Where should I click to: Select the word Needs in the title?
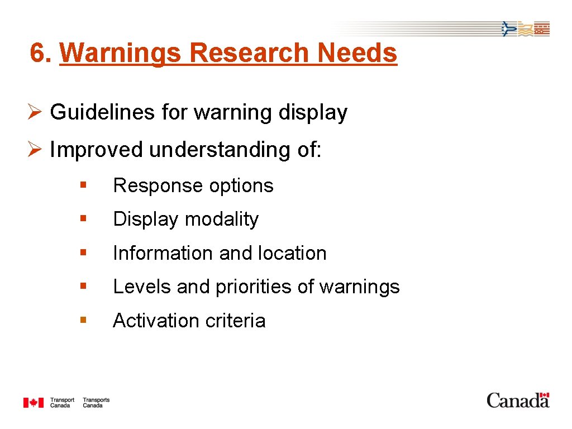tap(357, 53)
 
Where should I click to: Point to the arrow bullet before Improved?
tap(35, 150)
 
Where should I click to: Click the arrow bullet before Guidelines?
tap(35, 112)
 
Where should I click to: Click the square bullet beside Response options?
tap(83, 184)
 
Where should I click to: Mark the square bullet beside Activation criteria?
tap(83, 320)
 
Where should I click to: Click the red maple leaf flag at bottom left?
tap(33, 402)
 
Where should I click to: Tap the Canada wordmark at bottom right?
tap(518, 400)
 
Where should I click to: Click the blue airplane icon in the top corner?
tap(508, 28)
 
